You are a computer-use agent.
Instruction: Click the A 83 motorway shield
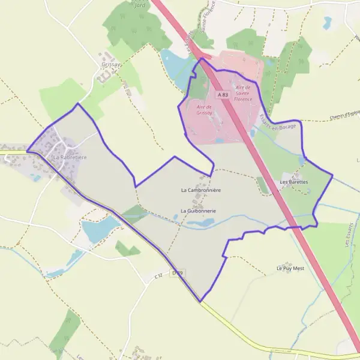[223, 95]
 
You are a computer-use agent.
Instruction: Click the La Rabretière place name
[70, 157]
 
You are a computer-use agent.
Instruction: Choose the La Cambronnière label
[202, 190]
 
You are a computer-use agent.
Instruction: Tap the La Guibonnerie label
[199, 211]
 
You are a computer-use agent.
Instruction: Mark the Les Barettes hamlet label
[294, 181]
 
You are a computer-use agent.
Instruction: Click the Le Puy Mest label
[290, 268]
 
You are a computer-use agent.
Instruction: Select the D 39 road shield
[177, 273]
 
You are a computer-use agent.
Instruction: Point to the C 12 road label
[158, 275]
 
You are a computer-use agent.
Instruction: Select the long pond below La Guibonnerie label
[200, 223]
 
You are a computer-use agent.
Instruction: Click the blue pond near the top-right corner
[327, 23]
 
